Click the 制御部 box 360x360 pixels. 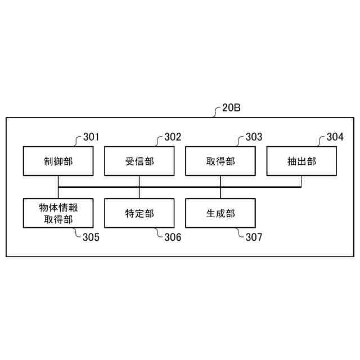pos(58,161)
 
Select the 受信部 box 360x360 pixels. pos(139,161)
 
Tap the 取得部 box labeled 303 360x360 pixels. pos(220,161)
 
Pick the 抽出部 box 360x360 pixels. pos(301,161)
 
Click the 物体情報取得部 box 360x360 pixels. pos(58,213)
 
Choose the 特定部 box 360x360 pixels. pos(139,213)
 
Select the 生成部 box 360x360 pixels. pos(220,213)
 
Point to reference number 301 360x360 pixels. pos(91,137)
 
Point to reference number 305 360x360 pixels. pos(92,237)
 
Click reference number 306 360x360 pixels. pos(173,237)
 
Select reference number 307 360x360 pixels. pos(254,237)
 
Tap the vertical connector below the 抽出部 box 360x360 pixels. pos(301,181)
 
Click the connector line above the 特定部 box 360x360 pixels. pos(139,192)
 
